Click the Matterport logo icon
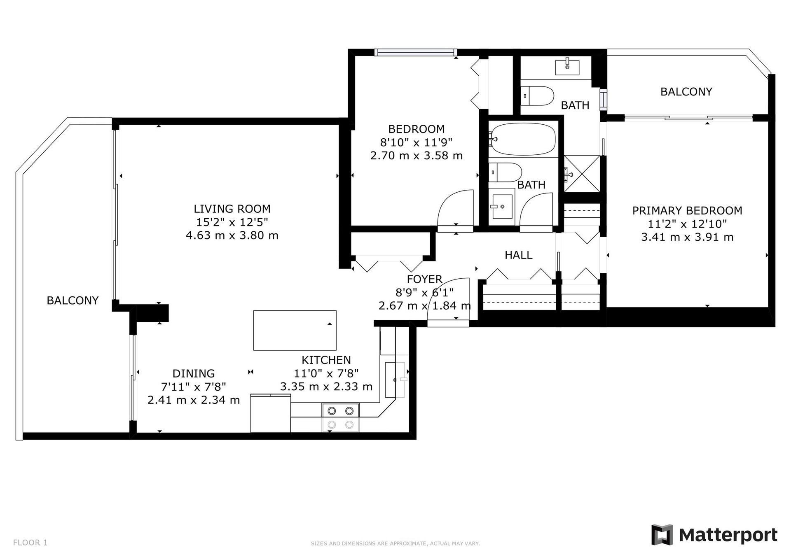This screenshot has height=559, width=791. pyautogui.click(x=662, y=535)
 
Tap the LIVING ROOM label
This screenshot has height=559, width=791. pyautogui.click(x=232, y=209)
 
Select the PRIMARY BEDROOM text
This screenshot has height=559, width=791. pyautogui.click(x=687, y=211)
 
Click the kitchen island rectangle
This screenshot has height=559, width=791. pyautogui.click(x=295, y=330)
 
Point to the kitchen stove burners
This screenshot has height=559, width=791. pyautogui.click(x=340, y=417)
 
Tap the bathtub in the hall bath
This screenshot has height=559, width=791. pyautogui.click(x=523, y=139)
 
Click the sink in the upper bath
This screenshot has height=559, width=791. pyautogui.click(x=567, y=67)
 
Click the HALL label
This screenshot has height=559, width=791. pyautogui.click(x=519, y=255)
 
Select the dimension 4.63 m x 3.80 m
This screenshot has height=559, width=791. pyautogui.click(x=232, y=235)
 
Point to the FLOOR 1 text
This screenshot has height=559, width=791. pyautogui.click(x=30, y=543)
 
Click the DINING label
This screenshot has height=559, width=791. pyautogui.click(x=194, y=373)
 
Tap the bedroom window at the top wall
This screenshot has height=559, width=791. pyautogui.click(x=416, y=52)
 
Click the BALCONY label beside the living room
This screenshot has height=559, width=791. pyautogui.click(x=73, y=300)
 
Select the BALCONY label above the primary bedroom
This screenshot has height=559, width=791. pyautogui.click(x=686, y=92)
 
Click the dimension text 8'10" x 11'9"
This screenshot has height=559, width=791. pyautogui.click(x=417, y=142)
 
